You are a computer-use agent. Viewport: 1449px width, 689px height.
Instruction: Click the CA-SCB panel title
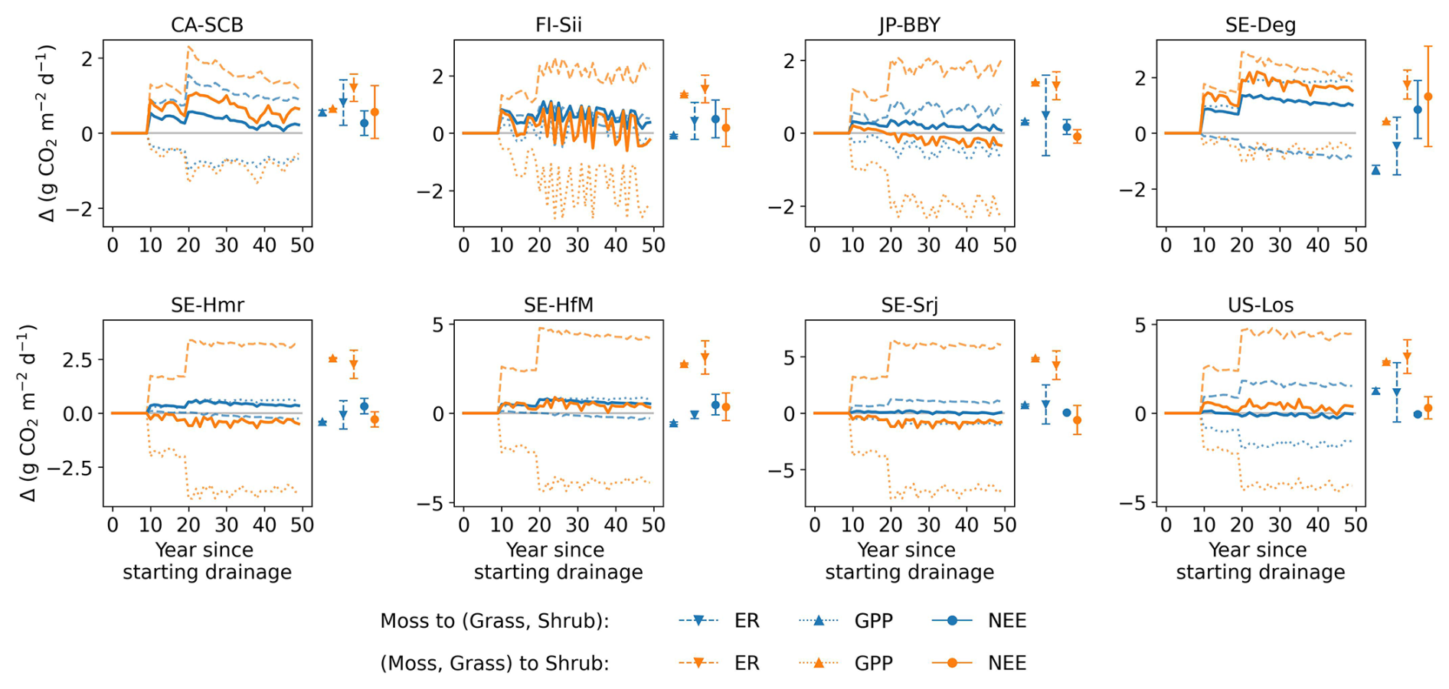[x=207, y=25]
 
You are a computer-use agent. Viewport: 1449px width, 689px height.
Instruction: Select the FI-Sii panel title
[x=558, y=25]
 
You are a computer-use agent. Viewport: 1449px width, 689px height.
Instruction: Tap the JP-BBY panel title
[x=909, y=25]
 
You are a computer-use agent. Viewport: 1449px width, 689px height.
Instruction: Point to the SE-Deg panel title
[x=1260, y=25]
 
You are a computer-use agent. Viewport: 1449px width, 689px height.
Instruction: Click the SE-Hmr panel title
[x=207, y=305]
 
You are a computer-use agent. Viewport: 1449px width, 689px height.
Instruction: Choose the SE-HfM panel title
[x=558, y=305]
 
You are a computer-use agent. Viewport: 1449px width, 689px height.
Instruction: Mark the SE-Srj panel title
[x=909, y=305]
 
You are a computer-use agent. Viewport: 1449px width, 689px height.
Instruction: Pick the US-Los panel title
[x=1260, y=305]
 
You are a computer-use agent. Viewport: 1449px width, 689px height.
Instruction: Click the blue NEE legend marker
[x=952, y=621]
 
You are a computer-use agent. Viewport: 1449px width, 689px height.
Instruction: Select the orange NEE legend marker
[x=952, y=663]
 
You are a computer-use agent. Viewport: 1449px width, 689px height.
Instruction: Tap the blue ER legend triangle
[x=698, y=621]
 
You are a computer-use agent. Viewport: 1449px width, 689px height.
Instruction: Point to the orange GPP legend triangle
[x=819, y=663]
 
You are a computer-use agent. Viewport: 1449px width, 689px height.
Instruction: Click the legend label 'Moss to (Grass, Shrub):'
[x=494, y=621]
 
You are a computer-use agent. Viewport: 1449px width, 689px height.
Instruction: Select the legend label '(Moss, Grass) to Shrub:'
[x=494, y=663]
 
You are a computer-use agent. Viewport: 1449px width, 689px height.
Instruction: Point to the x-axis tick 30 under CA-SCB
[x=226, y=245]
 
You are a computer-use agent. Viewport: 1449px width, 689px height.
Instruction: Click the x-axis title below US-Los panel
[x=1260, y=561]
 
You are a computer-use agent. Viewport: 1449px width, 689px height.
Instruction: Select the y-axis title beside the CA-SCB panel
[x=46, y=133]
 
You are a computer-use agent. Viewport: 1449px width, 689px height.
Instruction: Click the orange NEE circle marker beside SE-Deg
[x=1428, y=96]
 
